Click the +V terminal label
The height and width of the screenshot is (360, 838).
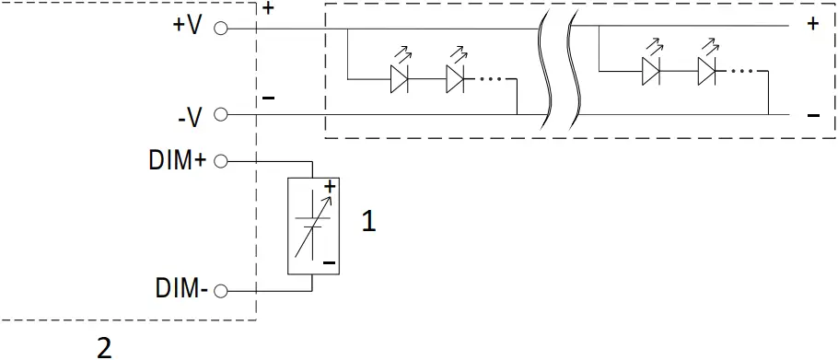point(186,26)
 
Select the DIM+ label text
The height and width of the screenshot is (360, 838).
point(178,160)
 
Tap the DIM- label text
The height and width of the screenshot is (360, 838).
point(180,291)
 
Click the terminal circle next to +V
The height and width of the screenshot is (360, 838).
point(220,29)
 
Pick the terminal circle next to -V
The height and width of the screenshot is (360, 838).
point(220,115)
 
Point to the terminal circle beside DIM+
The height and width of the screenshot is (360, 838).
point(220,161)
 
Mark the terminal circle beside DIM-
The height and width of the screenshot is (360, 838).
point(220,292)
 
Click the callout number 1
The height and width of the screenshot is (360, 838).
point(368,222)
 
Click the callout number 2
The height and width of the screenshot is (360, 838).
point(104,347)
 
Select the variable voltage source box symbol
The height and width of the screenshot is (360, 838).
point(313,225)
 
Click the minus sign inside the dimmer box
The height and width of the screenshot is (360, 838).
point(328,262)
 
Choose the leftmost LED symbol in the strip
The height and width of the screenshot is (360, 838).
point(399,79)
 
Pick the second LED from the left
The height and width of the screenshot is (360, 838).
point(455,79)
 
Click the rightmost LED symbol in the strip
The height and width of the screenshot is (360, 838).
point(706,71)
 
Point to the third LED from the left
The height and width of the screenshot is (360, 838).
point(651,71)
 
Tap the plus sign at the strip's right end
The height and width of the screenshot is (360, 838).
point(812,24)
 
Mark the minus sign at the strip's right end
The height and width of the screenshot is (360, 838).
point(812,115)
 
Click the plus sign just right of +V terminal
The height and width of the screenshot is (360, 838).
point(268,9)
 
